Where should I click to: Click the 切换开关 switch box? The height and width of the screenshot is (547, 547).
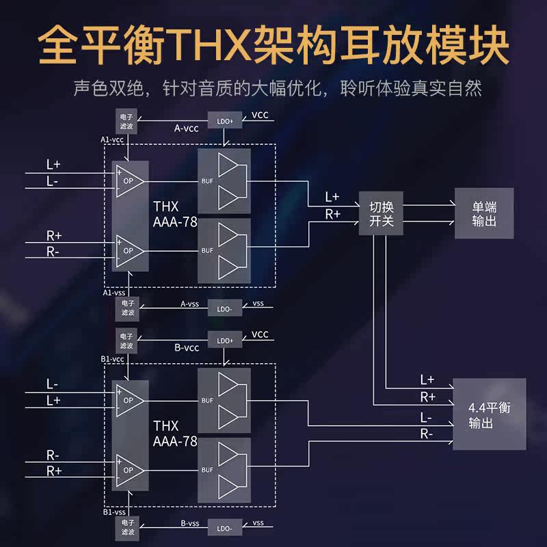(382, 213)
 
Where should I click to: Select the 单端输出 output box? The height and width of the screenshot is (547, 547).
(484, 213)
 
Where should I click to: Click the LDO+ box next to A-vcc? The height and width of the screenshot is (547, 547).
(225, 121)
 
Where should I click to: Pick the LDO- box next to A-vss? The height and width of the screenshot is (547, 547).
(224, 308)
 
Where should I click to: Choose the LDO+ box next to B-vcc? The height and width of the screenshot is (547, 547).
(225, 340)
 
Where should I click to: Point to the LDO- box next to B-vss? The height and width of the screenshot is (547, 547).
(224, 528)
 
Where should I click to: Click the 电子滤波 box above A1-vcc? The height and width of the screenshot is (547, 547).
(127, 120)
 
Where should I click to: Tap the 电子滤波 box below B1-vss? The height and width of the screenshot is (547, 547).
(127, 526)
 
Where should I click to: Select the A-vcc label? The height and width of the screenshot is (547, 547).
(186, 128)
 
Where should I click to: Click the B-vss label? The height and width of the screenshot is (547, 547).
(189, 523)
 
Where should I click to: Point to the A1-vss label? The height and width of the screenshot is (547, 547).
(113, 292)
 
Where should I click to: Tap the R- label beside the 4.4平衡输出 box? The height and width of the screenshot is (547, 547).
(426, 433)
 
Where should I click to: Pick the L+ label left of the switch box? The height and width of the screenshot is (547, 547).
(332, 197)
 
